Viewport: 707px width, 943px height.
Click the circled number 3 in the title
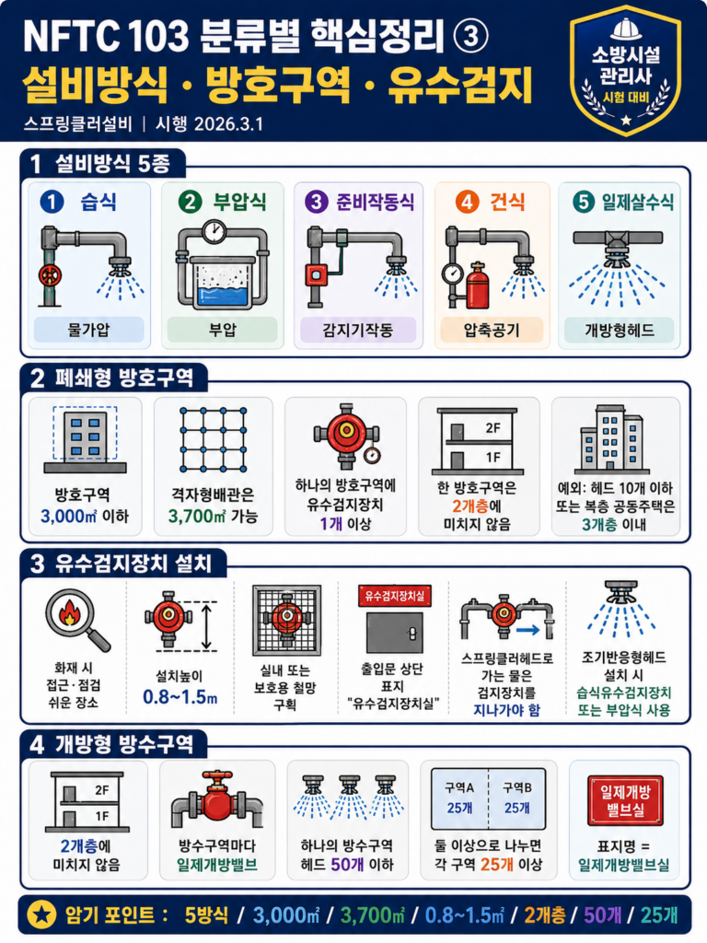(470, 37)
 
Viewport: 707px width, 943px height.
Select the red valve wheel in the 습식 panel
(50, 275)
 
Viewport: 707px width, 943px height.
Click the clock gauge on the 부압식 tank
(214, 231)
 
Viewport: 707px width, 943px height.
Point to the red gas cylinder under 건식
(478, 285)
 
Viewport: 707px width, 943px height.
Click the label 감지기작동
(358, 330)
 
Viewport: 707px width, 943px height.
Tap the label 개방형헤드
(620, 330)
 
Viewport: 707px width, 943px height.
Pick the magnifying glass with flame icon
(77, 620)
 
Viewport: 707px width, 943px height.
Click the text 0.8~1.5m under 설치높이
(180, 697)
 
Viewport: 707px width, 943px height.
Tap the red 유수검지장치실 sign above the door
(394, 596)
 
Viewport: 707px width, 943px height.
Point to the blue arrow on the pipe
(527, 630)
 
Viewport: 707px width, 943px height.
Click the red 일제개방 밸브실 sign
(625, 800)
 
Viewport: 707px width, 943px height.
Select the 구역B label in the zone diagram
(517, 788)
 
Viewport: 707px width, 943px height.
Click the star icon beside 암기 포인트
(41, 914)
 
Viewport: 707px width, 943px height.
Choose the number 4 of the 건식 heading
(467, 202)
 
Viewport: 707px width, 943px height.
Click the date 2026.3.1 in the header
(228, 124)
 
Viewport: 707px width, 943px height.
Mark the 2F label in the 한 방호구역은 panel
(493, 427)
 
